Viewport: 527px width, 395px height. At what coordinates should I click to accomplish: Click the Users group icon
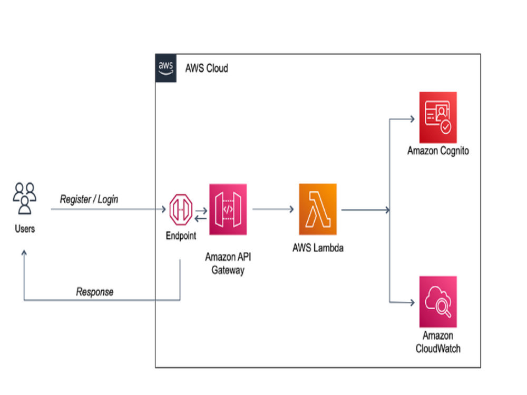click(25, 198)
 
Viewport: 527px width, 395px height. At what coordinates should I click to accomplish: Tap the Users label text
click(25, 229)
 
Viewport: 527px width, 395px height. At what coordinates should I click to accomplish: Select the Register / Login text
click(89, 199)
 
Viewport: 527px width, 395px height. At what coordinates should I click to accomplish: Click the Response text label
click(95, 292)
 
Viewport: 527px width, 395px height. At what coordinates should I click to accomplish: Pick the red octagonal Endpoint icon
click(181, 210)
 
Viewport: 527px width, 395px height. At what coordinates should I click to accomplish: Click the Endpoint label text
click(181, 236)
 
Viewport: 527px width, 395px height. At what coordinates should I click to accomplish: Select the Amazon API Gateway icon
click(228, 209)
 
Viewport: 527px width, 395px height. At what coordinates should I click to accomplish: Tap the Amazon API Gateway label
click(228, 263)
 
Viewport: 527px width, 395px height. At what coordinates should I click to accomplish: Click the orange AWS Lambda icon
click(318, 209)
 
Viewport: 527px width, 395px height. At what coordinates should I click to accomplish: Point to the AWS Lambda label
click(318, 248)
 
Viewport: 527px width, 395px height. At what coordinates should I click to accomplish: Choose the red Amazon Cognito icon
click(438, 117)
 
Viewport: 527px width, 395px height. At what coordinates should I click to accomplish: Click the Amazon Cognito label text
click(438, 151)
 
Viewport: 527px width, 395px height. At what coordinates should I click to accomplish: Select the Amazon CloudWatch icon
click(438, 302)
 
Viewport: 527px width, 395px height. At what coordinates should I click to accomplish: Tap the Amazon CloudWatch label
click(438, 342)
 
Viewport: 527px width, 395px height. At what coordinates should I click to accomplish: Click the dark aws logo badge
click(165, 68)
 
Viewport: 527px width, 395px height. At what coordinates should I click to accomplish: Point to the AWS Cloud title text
click(207, 68)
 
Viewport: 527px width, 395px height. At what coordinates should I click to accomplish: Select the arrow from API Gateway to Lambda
click(273, 209)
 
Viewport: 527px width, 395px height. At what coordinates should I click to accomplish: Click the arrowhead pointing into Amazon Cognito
click(412, 119)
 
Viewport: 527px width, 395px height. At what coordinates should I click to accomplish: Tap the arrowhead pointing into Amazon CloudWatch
click(412, 303)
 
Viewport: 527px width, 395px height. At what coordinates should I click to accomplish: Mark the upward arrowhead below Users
click(24, 253)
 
